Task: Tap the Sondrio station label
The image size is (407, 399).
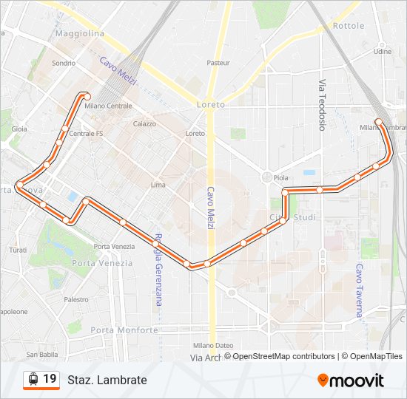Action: (x=64, y=64)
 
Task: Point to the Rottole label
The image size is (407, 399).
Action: (x=349, y=26)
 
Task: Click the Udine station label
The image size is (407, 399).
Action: (x=383, y=52)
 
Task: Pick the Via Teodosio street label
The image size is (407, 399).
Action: (x=322, y=104)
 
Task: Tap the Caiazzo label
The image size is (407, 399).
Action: (x=144, y=124)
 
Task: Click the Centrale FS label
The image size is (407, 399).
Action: (x=81, y=134)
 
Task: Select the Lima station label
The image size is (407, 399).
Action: (x=158, y=185)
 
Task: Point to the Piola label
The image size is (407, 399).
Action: (x=280, y=178)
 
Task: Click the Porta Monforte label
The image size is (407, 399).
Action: (x=124, y=330)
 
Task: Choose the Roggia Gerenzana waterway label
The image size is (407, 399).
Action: (x=158, y=273)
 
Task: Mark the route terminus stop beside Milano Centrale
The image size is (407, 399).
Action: (x=87, y=96)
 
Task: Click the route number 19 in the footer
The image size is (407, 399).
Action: (x=50, y=379)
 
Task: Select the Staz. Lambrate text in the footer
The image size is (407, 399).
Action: (x=107, y=380)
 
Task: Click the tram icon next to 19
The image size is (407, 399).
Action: (x=33, y=379)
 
